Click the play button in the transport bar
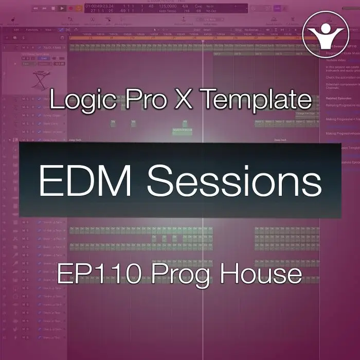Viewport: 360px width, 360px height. tap(62, 8)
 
